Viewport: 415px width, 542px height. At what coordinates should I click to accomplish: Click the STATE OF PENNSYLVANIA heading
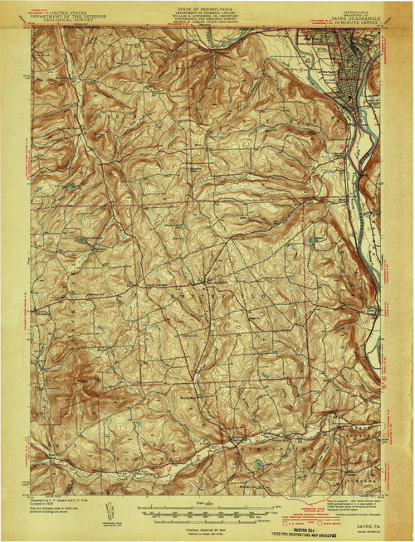207,5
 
